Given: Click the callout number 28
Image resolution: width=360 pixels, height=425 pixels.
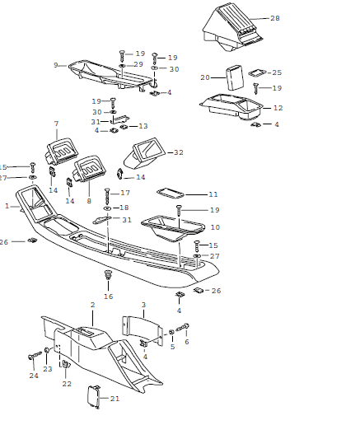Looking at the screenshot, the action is pyautogui.click(x=275, y=18).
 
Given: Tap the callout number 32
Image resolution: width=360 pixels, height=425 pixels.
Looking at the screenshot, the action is pyautogui.click(x=179, y=152).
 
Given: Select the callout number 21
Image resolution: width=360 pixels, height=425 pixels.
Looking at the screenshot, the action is pyautogui.click(x=115, y=399).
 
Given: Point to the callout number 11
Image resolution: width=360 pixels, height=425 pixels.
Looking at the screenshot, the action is pyautogui.click(x=213, y=194).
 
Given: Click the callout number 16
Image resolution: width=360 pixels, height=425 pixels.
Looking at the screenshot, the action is pyautogui.click(x=109, y=297).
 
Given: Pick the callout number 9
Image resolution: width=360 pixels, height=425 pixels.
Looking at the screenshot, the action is pyautogui.click(x=56, y=65).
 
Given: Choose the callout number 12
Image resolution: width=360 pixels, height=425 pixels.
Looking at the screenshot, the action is pyautogui.click(x=278, y=108).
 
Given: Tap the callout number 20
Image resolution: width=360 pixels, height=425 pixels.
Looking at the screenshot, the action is pyautogui.click(x=205, y=77).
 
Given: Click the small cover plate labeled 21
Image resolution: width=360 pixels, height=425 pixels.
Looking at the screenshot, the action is pyautogui.click(x=94, y=396).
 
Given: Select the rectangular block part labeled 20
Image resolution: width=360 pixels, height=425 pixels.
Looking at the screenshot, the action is pyautogui.click(x=235, y=77).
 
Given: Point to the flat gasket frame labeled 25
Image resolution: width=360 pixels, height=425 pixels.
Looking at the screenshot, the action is pyautogui.click(x=257, y=72).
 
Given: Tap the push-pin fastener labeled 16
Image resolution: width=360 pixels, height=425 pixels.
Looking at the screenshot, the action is pyautogui.click(x=108, y=275).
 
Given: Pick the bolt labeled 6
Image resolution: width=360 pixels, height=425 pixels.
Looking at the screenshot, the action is pyautogui.click(x=183, y=327).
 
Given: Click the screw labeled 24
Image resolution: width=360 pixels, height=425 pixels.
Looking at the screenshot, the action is pyautogui.click(x=35, y=356).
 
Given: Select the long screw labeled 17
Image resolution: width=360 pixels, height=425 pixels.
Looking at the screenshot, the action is pyautogui.click(x=107, y=195).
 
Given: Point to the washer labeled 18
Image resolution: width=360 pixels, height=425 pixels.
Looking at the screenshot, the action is pyautogui.click(x=107, y=208).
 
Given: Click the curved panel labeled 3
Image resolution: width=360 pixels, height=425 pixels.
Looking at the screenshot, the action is pyautogui.click(x=142, y=330).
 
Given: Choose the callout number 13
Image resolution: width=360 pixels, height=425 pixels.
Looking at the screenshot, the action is pyautogui.click(x=143, y=126).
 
